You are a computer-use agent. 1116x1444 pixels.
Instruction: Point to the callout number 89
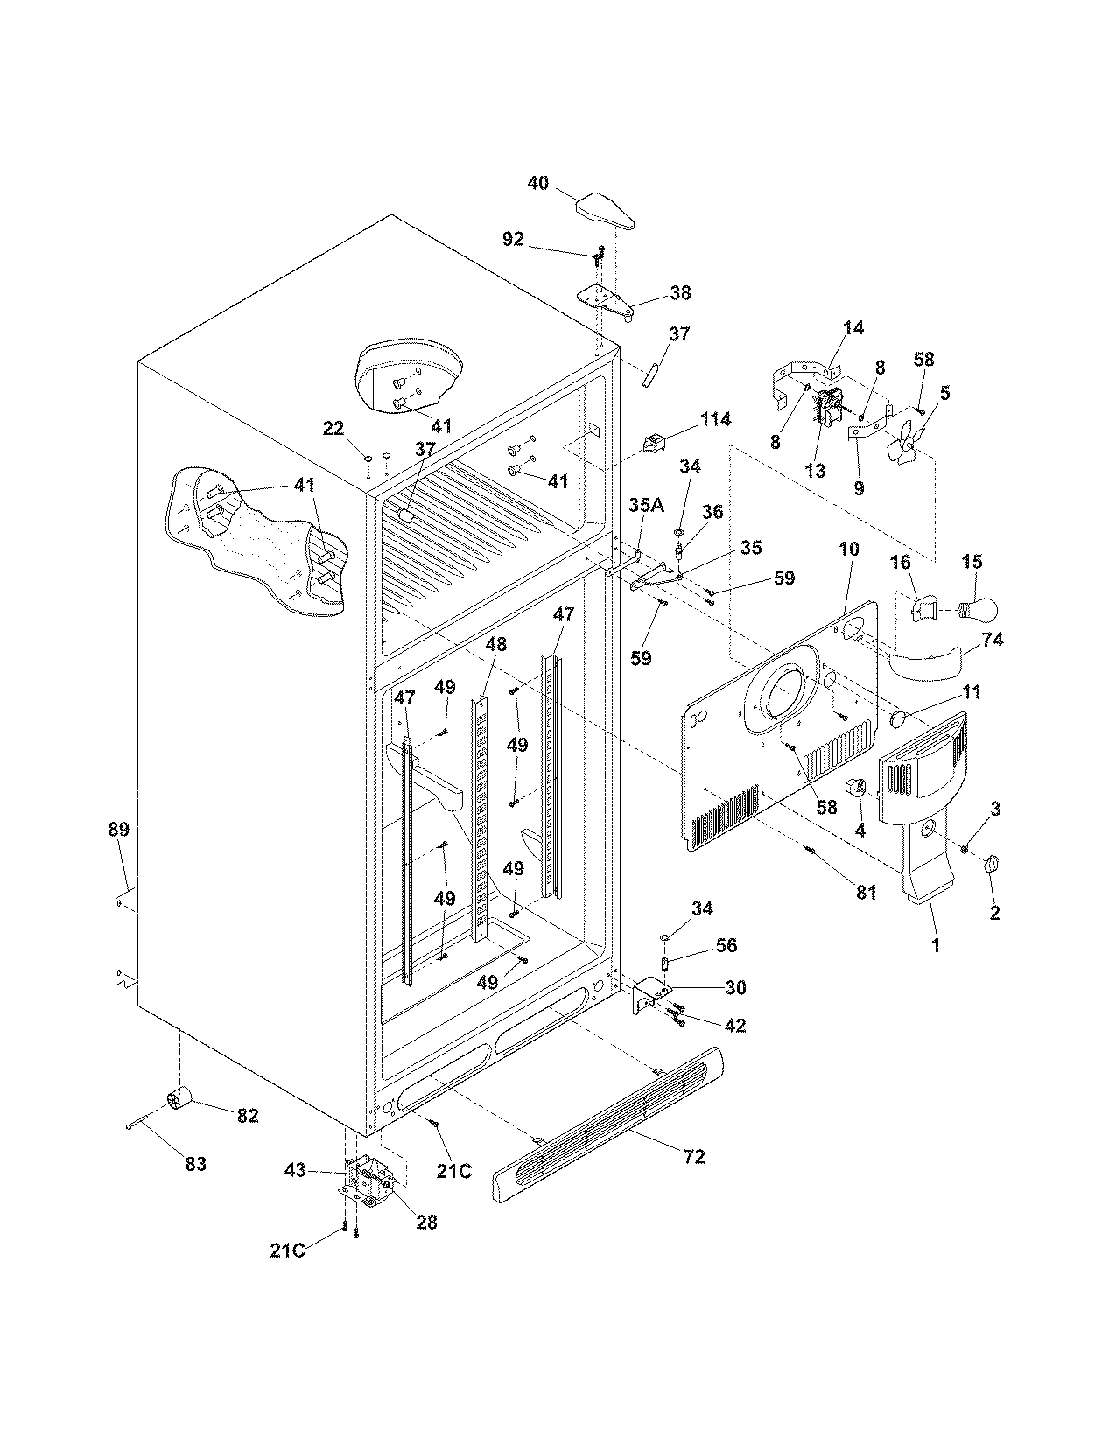click(x=118, y=829)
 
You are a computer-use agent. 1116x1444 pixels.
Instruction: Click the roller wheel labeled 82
click(x=179, y=1097)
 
